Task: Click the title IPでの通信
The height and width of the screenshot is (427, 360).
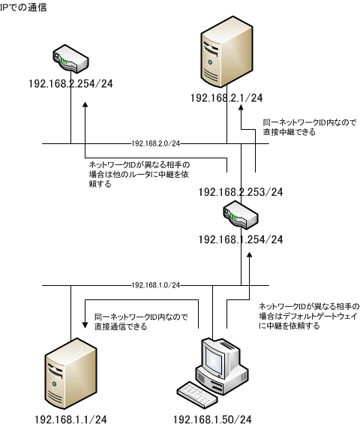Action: tap(23, 7)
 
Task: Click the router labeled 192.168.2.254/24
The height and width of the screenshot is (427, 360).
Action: tap(70, 59)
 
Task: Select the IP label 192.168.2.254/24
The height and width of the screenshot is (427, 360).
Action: tap(70, 83)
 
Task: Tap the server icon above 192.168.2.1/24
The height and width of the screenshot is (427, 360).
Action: tap(226, 52)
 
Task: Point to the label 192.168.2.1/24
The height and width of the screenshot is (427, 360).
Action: tap(226, 98)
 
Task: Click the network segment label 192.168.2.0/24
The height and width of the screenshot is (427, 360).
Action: tap(156, 143)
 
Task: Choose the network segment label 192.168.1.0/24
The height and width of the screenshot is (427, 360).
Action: tap(156, 285)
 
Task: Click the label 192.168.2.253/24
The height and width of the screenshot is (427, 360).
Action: tap(241, 192)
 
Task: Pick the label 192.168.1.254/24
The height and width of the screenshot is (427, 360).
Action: tap(241, 239)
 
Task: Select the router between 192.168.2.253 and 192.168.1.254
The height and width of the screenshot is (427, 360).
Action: tap(241, 215)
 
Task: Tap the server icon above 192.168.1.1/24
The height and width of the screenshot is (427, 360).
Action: tap(70, 374)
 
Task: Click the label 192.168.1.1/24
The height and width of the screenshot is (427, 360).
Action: tap(70, 419)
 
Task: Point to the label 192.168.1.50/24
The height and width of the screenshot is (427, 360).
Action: tap(212, 419)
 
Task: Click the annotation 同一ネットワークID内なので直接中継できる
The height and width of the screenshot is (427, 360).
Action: tap(310, 127)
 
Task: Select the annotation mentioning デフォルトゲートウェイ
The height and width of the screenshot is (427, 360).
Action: tap(309, 316)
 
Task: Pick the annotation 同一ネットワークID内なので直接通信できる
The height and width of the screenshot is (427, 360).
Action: tap(141, 322)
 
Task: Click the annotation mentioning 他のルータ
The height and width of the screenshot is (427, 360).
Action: tap(139, 174)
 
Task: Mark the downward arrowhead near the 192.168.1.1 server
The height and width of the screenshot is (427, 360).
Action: tap(85, 325)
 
